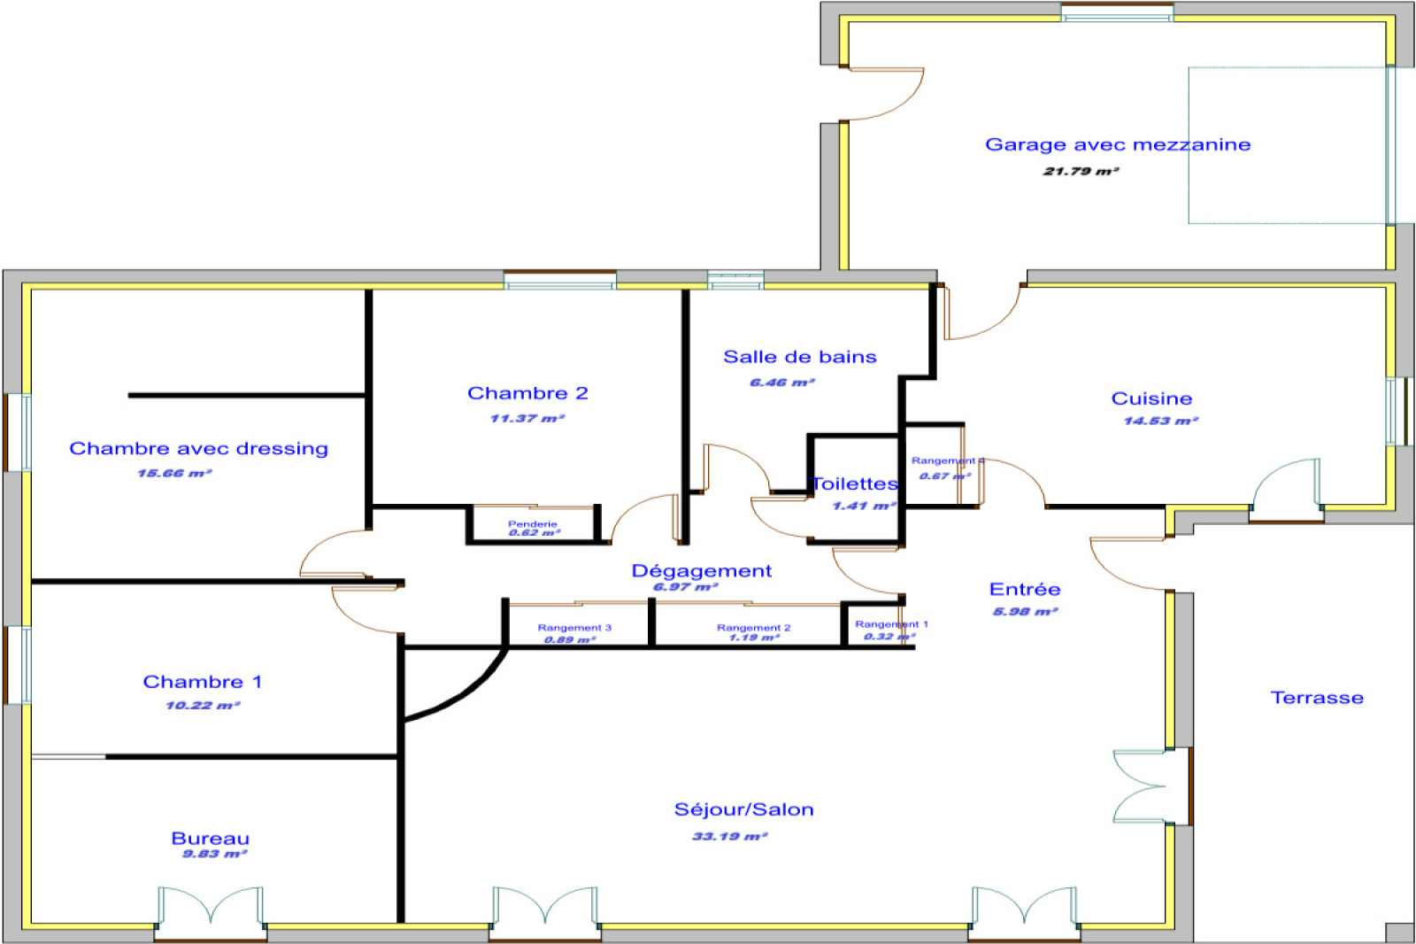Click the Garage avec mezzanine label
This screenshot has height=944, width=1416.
[x=1118, y=144]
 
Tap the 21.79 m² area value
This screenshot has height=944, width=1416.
[x=1081, y=171]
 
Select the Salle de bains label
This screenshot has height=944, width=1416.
[x=799, y=357]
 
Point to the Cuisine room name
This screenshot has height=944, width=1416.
[x=1151, y=398]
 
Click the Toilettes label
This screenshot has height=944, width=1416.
[x=855, y=484]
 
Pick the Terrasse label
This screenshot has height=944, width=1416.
[x=1317, y=698]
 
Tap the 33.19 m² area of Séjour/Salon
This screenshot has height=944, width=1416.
[x=729, y=836]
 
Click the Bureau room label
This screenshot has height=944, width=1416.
[x=210, y=838]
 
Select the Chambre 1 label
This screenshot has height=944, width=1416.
[x=203, y=682]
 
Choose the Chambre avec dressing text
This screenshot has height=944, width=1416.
[x=198, y=449]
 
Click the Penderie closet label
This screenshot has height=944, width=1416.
[x=533, y=524]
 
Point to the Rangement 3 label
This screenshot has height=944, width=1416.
[x=574, y=628]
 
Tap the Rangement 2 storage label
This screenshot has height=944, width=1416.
[x=753, y=628]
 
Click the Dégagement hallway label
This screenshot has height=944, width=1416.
[x=701, y=571]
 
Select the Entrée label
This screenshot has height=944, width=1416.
[x=1025, y=590]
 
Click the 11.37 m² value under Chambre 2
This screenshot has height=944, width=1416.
[x=527, y=418]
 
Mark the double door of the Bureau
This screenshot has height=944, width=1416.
[x=211, y=908]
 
